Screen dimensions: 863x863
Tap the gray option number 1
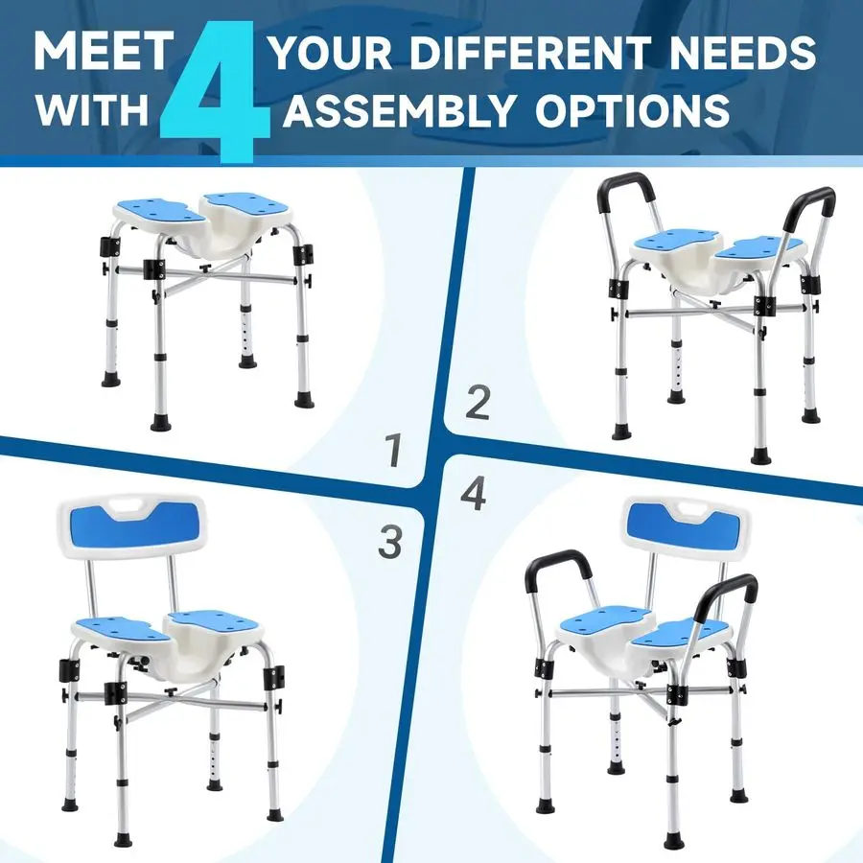[x=391, y=451]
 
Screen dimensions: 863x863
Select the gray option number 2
[x=477, y=403]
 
